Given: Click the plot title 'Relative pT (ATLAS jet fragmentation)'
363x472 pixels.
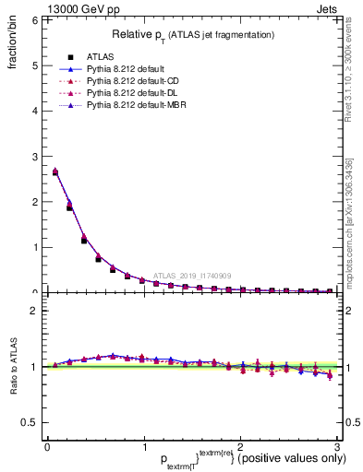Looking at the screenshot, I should pos(193,34).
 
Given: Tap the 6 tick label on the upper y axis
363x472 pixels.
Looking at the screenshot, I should pos(33,19).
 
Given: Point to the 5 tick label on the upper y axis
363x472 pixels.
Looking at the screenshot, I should pos(33,65).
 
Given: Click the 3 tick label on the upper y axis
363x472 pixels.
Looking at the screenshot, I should pos(33,156).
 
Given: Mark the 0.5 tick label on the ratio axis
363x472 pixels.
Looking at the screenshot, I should pos(30,422).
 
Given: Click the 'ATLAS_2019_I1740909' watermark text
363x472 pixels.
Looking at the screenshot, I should pos(194,276).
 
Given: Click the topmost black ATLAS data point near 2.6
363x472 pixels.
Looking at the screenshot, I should pos(55,172).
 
